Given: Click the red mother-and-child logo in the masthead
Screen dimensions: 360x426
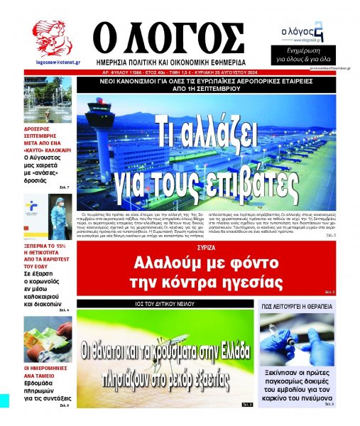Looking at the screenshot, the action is point(52,38).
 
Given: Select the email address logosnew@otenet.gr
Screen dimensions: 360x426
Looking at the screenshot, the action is point(52,62).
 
